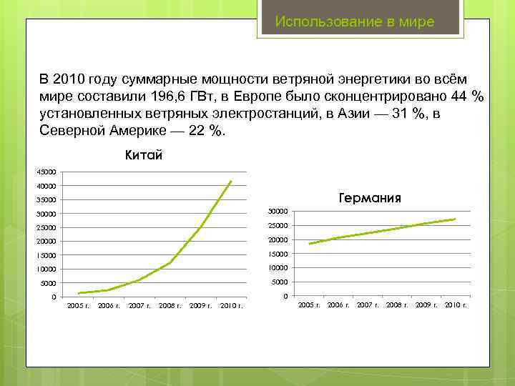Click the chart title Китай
click(144, 154)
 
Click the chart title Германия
click(368, 198)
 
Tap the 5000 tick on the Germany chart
click(280, 282)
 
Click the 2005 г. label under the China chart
click(78, 306)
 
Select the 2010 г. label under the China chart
click(231, 306)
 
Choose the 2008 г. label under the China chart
click(170, 306)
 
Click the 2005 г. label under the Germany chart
click(309, 305)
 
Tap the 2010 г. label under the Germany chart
click(456, 305)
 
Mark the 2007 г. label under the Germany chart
click(368, 305)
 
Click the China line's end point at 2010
click(231, 182)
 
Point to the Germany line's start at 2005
click(309, 244)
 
